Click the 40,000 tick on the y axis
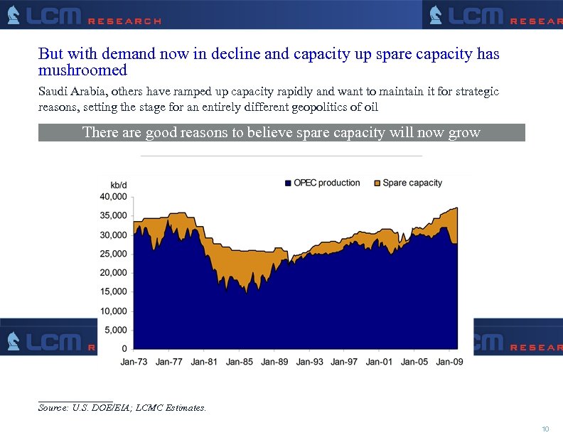click(114, 196)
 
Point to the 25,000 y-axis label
click(114, 254)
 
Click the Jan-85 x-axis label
click(239, 362)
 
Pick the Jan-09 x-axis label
click(449, 362)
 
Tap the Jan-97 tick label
click(344, 362)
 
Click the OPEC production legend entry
click(326, 183)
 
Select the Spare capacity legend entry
click(412, 183)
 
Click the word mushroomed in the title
click(82, 70)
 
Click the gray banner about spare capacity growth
click(281, 132)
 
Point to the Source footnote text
click(122, 408)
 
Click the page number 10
click(545, 429)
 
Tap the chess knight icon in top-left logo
click(14, 15)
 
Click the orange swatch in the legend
click(377, 183)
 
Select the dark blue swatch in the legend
click(288, 183)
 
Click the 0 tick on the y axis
click(124, 349)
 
